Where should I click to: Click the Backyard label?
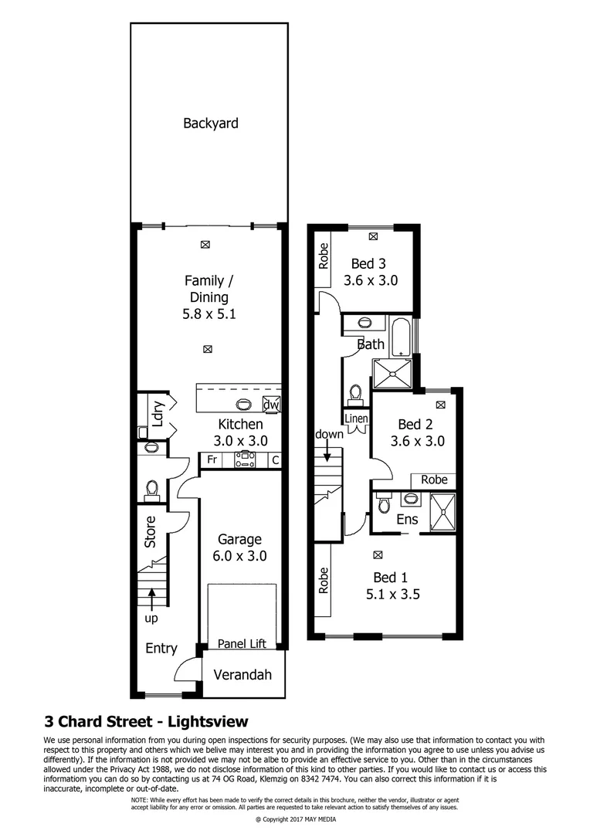pos(210,123)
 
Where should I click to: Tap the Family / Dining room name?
pos(205,289)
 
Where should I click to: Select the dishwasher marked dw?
pos(270,405)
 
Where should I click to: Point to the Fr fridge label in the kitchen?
pos(212,460)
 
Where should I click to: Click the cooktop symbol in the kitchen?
pos(245,460)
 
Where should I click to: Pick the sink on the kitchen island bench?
pos(243,403)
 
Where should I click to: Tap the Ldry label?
pos(158,415)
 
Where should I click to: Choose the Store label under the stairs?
pos(151,532)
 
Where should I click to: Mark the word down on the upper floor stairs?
pos(329,434)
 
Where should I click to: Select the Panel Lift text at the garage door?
pos(241,643)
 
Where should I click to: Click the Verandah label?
pos(242,674)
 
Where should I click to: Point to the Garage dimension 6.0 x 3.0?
pos(239,555)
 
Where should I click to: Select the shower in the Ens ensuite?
pos(442,512)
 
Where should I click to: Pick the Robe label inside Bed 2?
pos(434,480)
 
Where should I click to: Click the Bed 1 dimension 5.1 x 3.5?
pos(392,595)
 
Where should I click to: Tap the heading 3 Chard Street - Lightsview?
pos(147,722)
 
